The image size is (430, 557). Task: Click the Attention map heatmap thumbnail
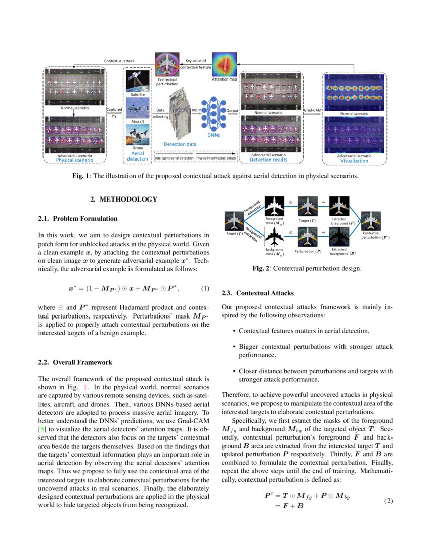(224, 64)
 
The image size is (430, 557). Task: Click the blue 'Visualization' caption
(354, 161)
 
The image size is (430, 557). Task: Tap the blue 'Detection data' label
(180, 145)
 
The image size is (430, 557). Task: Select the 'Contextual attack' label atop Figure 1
(119, 61)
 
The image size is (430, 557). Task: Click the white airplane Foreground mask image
(274, 207)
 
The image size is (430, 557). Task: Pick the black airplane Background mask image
(274, 235)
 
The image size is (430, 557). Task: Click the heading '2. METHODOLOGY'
(123, 200)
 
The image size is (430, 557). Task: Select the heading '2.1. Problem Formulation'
(78, 219)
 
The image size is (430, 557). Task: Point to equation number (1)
(205, 289)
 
